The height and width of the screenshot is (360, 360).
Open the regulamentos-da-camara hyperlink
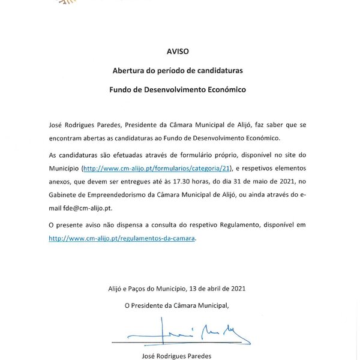[122, 238]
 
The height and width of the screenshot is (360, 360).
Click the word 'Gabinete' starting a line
[64, 194]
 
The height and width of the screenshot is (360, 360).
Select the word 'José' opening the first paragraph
[56, 127]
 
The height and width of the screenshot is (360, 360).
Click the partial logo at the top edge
[65, 2]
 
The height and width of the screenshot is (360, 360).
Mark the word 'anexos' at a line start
[60, 181]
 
